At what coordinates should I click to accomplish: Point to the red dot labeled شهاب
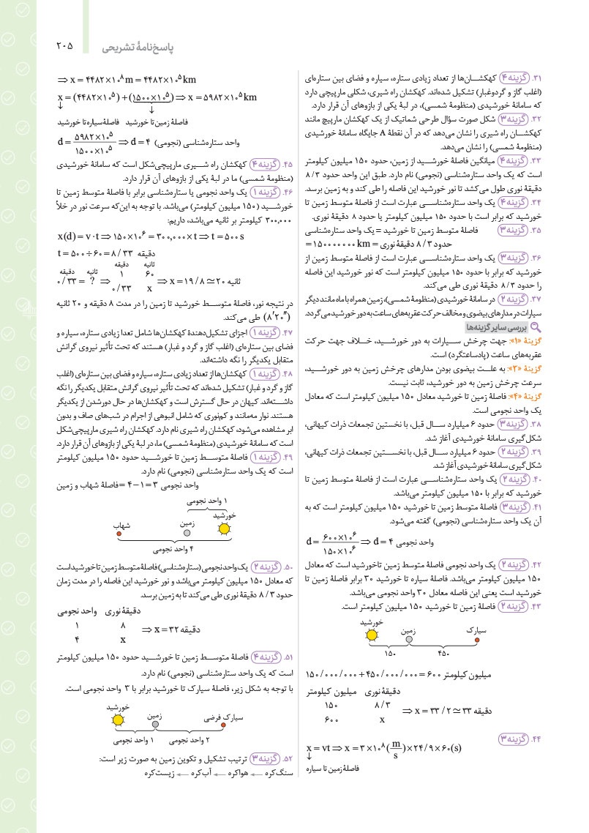119,534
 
